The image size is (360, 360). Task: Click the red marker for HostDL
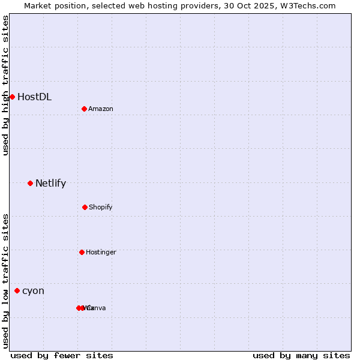pyautogui.click(x=12, y=97)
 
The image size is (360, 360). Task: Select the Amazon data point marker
pyautogui.click(x=85, y=109)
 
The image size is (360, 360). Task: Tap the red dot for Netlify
pyautogui.click(x=30, y=183)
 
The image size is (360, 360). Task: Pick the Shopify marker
pyautogui.click(x=85, y=207)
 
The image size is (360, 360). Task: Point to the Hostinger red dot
pyautogui.click(x=82, y=252)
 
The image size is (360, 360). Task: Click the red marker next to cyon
pyautogui.click(x=17, y=290)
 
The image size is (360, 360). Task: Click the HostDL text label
pyautogui.click(x=34, y=97)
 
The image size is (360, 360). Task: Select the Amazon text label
pyautogui.click(x=101, y=109)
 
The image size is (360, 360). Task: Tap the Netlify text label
pyautogui.click(x=50, y=183)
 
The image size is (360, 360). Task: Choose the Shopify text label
pyautogui.click(x=101, y=207)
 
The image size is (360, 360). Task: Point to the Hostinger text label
pyautogui.click(x=101, y=252)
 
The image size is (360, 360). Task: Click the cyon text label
pyautogui.click(x=33, y=291)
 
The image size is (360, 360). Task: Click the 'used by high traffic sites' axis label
pyautogui.click(x=5, y=86)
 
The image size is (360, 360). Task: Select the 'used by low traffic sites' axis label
pyautogui.click(x=5, y=281)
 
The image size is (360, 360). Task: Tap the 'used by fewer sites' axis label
pyautogui.click(x=62, y=355)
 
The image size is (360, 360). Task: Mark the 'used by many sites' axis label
pyautogui.click(x=301, y=355)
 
